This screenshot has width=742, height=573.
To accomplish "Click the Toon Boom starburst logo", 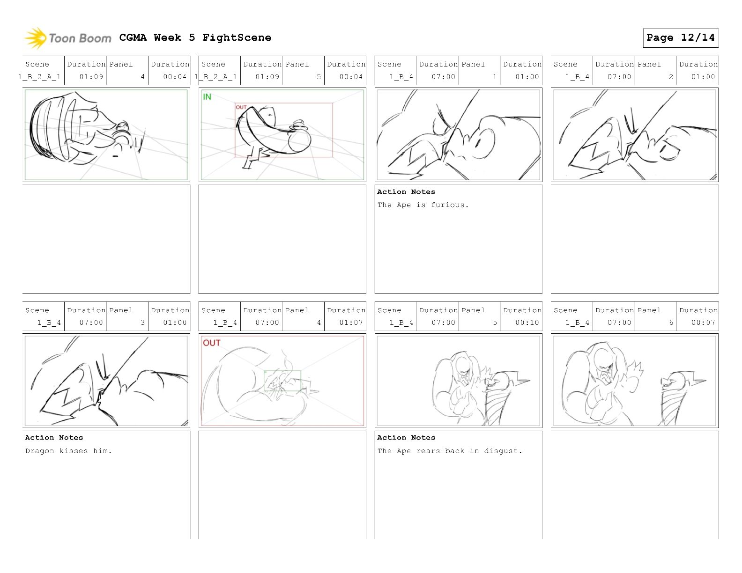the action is click(x=35, y=37).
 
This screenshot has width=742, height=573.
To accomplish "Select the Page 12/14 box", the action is click(x=680, y=38).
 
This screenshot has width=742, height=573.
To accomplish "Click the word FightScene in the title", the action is click(x=237, y=37).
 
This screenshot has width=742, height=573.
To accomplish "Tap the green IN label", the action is click(x=207, y=97).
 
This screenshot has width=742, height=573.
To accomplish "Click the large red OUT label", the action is click(x=212, y=343).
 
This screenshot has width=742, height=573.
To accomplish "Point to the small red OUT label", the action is click(x=241, y=107).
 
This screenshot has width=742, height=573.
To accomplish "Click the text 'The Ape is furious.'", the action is click(x=423, y=205).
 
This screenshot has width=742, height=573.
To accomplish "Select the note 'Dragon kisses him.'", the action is click(x=68, y=451).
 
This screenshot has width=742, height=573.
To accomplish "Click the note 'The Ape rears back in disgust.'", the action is click(x=450, y=451).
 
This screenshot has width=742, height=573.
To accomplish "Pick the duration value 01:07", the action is click(x=351, y=323).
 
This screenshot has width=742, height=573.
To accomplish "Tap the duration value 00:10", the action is click(x=527, y=323).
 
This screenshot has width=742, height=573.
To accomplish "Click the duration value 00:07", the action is click(x=703, y=323).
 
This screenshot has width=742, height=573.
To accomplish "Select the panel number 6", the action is click(x=671, y=323).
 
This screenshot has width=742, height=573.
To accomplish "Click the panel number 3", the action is click(x=143, y=323).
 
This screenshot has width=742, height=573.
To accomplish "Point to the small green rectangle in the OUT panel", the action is click(x=282, y=381).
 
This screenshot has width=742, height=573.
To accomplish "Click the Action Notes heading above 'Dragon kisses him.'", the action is click(x=54, y=438).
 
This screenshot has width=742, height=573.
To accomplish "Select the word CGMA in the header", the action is click(x=133, y=37).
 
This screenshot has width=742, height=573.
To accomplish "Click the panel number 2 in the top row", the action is click(x=671, y=76).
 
